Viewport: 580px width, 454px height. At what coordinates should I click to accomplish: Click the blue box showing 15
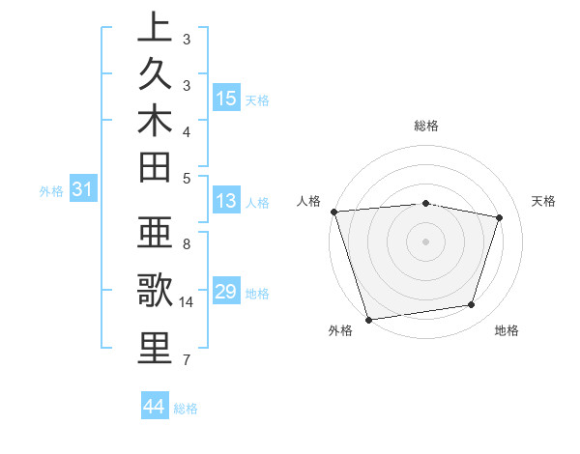[226, 99]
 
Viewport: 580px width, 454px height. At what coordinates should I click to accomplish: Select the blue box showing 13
[226, 202]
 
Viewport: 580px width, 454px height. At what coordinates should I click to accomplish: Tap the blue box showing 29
[226, 292]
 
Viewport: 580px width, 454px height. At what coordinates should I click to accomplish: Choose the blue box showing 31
[83, 190]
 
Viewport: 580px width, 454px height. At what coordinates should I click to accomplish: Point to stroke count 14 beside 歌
[187, 302]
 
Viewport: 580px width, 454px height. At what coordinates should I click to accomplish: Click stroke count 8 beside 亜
[187, 244]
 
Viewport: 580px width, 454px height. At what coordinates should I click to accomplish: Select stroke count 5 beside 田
[187, 177]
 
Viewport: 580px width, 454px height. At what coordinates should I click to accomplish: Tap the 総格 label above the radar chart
[426, 126]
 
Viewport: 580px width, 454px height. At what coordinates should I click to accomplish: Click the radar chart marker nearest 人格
[333, 212]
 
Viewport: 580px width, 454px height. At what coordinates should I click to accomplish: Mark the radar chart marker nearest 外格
[368, 319]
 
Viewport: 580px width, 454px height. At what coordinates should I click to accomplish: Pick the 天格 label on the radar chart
[544, 201]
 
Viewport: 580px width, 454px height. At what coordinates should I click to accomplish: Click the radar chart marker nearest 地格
[472, 305]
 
